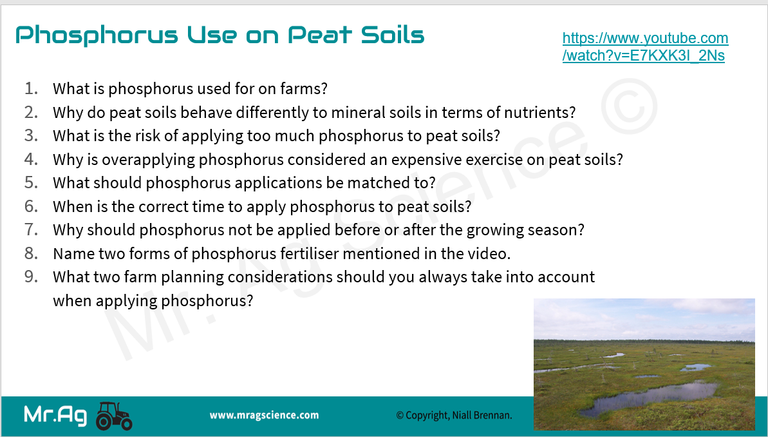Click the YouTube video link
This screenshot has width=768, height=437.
tap(645, 46)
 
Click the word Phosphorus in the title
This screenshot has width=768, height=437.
tap(97, 35)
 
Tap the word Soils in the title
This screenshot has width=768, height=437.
tap(393, 34)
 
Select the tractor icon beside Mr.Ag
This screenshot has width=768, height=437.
tap(114, 416)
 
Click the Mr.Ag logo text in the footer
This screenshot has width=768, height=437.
tap(55, 416)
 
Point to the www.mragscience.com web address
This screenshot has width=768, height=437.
tap(264, 416)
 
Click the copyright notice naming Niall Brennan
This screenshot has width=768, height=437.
tap(454, 416)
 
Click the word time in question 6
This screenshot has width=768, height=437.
tap(208, 206)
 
